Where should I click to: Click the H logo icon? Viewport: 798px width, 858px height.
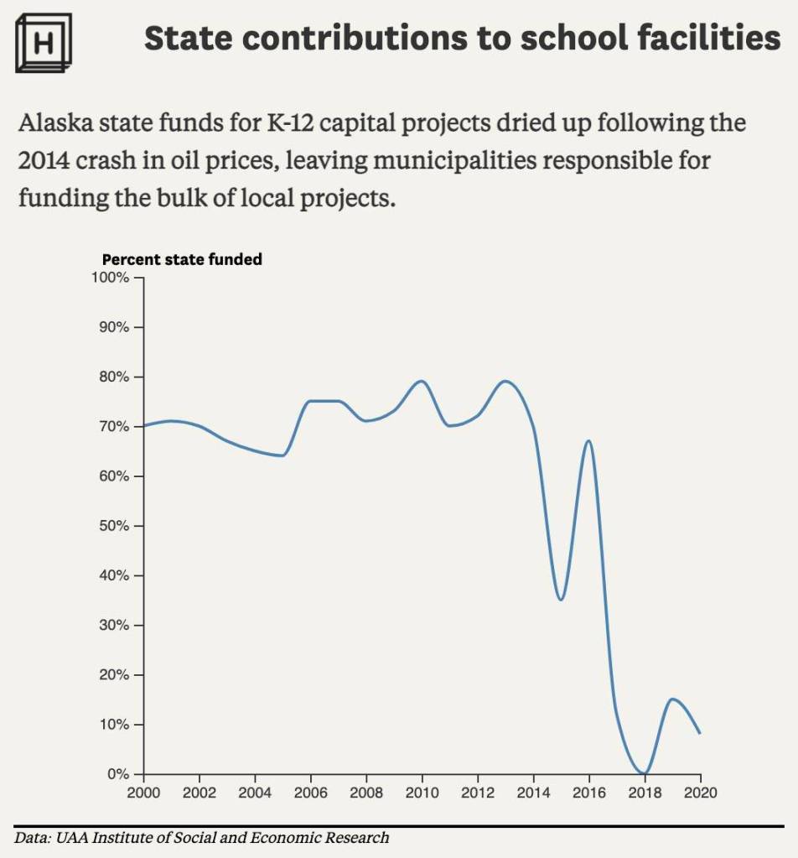click(44, 42)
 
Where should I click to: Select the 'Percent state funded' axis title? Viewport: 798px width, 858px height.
click(182, 259)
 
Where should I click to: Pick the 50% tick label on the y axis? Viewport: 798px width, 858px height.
click(112, 526)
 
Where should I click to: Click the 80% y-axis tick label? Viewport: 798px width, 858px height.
click(112, 377)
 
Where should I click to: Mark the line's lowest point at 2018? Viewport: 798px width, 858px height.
click(644, 773)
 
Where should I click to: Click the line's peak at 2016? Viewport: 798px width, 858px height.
click(588, 441)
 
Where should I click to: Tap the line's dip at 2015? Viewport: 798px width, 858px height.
click(561, 600)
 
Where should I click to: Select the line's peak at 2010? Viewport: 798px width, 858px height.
click(422, 382)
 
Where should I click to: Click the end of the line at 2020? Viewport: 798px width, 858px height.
click(700, 734)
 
